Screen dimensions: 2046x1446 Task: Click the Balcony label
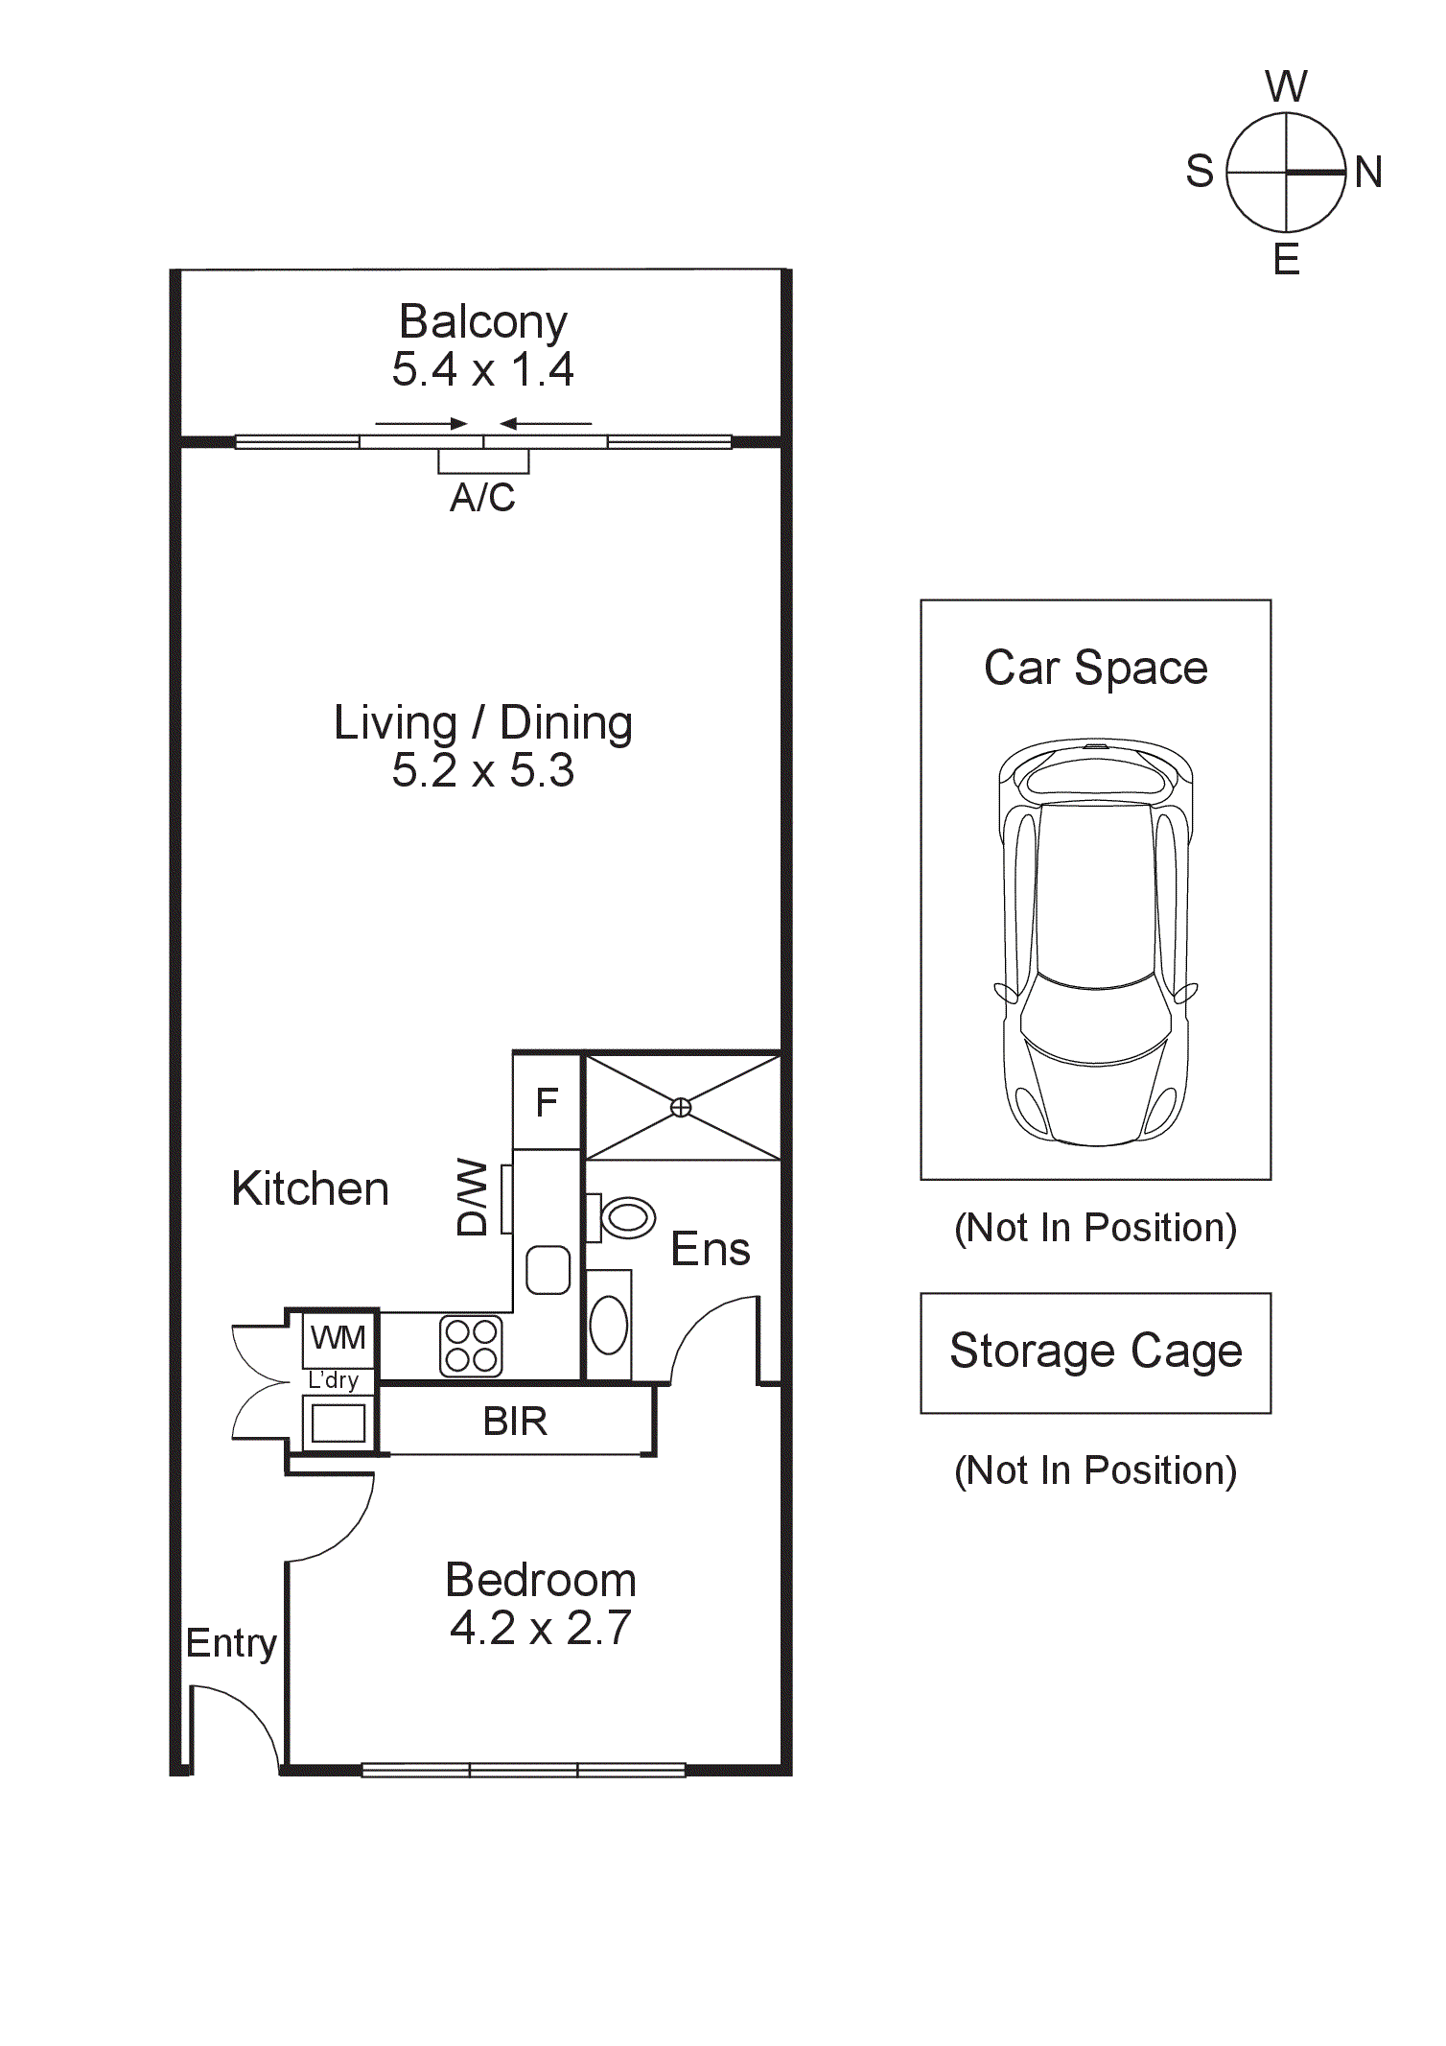tap(482, 321)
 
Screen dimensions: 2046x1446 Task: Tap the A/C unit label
tap(482, 497)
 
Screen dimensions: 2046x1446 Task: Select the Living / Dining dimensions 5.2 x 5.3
tap(482, 770)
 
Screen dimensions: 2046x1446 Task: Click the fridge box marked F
tap(547, 1102)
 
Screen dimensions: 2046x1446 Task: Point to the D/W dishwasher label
tap(473, 1197)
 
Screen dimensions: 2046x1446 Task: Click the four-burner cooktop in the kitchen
tap(471, 1346)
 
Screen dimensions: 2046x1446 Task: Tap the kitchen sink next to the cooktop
tap(548, 1269)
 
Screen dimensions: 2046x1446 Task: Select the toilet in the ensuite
tap(624, 1218)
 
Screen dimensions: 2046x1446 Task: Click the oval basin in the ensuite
tap(608, 1326)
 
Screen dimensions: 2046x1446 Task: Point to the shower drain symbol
tap(680, 1108)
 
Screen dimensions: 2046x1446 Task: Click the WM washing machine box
tap(338, 1337)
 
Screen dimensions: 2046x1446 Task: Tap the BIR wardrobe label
tap(515, 1422)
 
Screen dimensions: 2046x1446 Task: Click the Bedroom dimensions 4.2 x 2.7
tap(541, 1628)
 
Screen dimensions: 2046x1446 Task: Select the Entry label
tap(231, 1643)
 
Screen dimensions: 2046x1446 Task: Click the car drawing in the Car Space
tap(1096, 942)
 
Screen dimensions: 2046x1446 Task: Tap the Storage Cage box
tap(1095, 1352)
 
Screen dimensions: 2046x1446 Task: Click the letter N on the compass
tap(1368, 173)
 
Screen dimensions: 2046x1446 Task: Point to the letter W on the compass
tap(1286, 86)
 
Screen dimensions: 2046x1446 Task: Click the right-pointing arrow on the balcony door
tap(421, 423)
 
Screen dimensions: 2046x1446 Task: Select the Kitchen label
tap(310, 1188)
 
